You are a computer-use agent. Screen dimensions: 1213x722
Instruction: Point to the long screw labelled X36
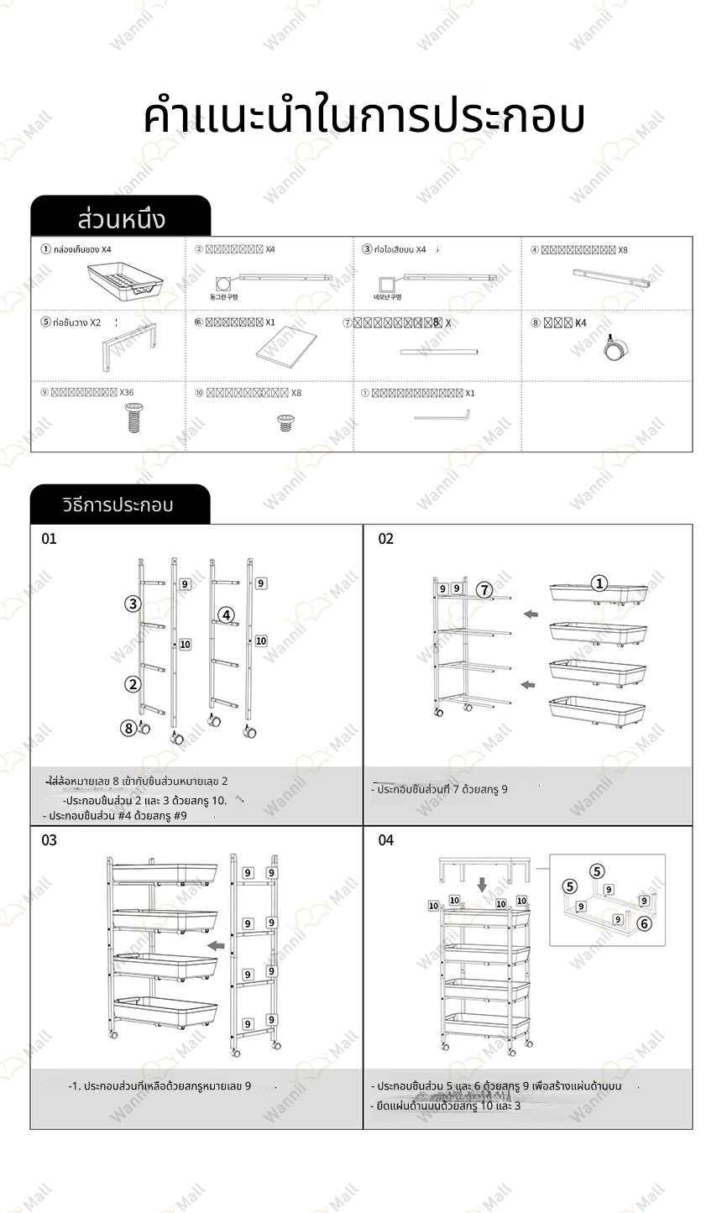[133, 416]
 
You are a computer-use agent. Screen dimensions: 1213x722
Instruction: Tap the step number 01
[50, 539]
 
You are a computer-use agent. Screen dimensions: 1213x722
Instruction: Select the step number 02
[385, 539]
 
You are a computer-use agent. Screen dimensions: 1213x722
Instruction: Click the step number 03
[50, 840]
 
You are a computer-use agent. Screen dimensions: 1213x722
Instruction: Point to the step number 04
[385, 840]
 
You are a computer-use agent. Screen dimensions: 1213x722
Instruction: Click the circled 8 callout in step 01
[128, 728]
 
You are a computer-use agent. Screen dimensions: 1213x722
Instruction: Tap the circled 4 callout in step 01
[227, 614]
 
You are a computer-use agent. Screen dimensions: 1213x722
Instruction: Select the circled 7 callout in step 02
[484, 588]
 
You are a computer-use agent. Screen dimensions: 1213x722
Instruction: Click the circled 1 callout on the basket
[599, 583]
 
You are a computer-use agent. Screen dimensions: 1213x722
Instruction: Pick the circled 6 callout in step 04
[644, 923]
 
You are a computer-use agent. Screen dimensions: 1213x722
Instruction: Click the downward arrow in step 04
[482, 885]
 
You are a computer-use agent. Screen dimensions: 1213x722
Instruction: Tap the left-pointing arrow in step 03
[216, 945]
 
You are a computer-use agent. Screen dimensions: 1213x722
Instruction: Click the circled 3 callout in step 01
[133, 604]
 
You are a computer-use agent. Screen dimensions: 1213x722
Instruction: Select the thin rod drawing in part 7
[438, 351]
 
